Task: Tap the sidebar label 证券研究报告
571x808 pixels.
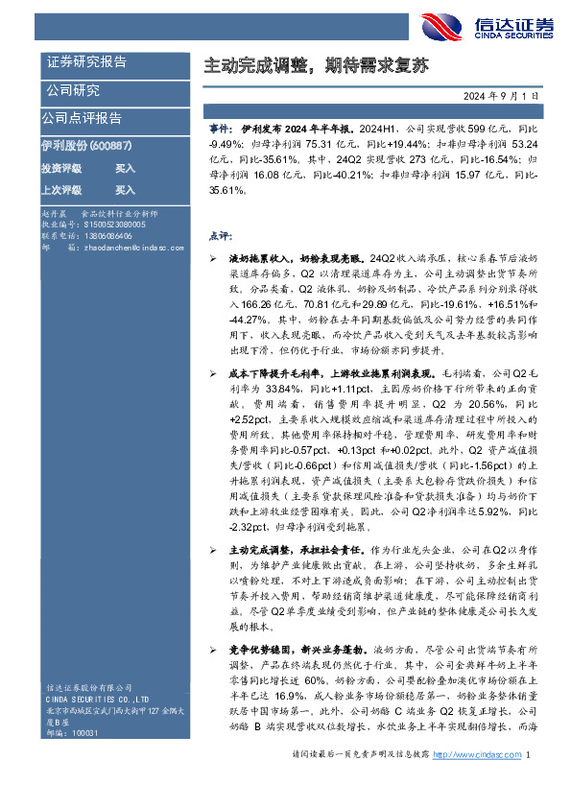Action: [86, 62]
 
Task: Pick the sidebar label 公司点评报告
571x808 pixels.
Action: [82, 118]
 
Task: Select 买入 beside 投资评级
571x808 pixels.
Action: [125, 167]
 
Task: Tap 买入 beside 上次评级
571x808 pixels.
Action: [125, 190]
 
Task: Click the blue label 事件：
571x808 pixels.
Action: [220, 127]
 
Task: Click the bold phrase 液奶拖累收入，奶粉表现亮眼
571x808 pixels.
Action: [282, 260]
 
